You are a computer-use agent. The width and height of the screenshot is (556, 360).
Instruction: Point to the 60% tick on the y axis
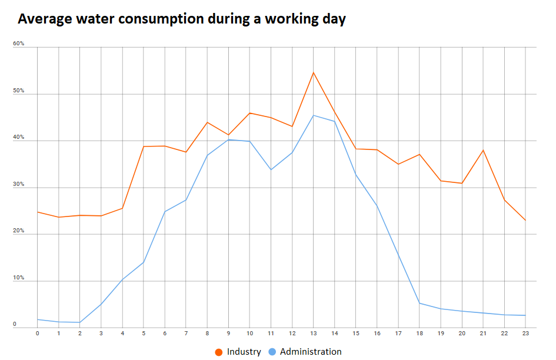coord(18,44)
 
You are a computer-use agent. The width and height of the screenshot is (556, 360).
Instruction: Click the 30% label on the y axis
coord(18,185)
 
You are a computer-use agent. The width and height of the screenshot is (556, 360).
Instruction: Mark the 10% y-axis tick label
coord(18,278)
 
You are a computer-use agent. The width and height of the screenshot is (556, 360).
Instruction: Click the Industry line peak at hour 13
coord(313,72)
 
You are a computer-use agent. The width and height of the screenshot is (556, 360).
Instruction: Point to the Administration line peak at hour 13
coord(313,115)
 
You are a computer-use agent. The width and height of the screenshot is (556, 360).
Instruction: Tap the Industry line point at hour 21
coord(482,150)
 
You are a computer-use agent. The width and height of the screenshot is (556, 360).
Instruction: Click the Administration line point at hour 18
coord(419,303)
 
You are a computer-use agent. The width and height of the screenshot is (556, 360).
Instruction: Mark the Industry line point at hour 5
coord(144,146)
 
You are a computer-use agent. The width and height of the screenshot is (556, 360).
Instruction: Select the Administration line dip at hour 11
coord(271,169)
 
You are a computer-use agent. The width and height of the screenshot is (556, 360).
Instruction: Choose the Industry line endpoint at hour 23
coord(525,221)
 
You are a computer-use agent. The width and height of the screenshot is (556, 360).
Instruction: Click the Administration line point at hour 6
coord(165,211)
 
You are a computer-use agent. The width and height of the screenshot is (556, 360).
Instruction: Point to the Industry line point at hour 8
coord(207,122)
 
